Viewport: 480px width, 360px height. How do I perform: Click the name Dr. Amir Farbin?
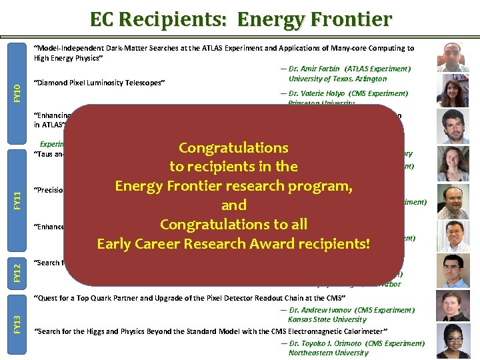[x=317, y=69]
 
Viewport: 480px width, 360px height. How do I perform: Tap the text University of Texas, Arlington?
[x=337, y=79]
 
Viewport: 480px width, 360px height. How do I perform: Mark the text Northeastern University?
[x=328, y=353]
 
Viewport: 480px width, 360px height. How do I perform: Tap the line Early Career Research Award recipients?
[x=233, y=243]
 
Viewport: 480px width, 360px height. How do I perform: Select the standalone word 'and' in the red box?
[x=233, y=205]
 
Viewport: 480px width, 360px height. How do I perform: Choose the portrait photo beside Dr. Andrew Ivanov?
[x=453, y=306]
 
